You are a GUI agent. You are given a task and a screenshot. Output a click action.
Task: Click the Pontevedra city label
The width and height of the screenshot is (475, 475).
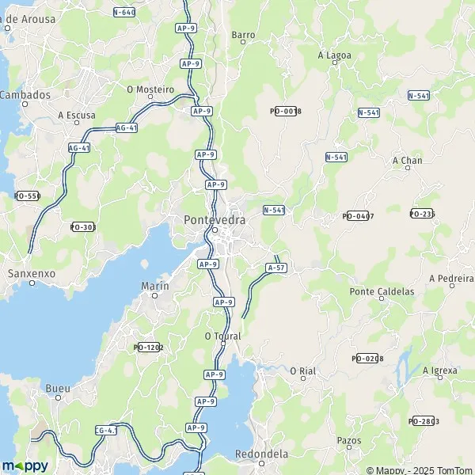(x=214, y=219)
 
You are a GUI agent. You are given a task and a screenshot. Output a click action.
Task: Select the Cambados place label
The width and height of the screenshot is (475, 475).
(x=25, y=95)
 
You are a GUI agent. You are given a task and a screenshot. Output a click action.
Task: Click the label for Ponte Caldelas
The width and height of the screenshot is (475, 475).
(x=382, y=291)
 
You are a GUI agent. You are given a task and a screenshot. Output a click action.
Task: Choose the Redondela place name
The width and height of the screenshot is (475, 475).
(x=261, y=454)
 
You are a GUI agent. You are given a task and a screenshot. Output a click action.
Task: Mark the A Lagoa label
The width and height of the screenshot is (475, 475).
(x=334, y=55)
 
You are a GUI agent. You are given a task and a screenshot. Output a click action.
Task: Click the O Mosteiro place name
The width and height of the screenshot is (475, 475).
(x=150, y=89)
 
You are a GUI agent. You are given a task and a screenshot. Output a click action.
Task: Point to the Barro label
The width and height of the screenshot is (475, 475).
(x=243, y=35)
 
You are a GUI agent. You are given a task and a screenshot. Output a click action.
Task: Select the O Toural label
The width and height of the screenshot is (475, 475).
(x=222, y=336)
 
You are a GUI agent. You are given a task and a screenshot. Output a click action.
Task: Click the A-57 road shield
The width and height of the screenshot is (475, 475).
(x=276, y=268)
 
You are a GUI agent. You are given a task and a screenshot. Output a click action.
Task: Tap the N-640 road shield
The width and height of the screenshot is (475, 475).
(x=124, y=12)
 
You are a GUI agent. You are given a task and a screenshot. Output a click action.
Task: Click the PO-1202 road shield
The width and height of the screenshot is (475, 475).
(x=148, y=347)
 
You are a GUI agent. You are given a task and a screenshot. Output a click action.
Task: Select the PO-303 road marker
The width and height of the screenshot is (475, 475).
(x=82, y=227)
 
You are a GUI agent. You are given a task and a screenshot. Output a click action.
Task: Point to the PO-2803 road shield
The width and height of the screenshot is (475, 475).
(x=424, y=421)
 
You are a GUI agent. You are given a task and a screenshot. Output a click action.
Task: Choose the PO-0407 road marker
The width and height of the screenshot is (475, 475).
(x=358, y=215)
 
